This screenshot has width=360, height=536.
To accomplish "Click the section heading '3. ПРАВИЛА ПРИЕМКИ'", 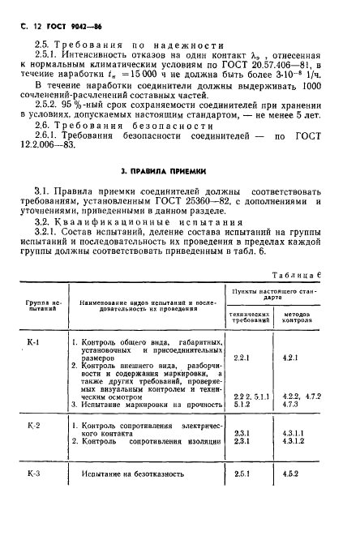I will tap(166, 171).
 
